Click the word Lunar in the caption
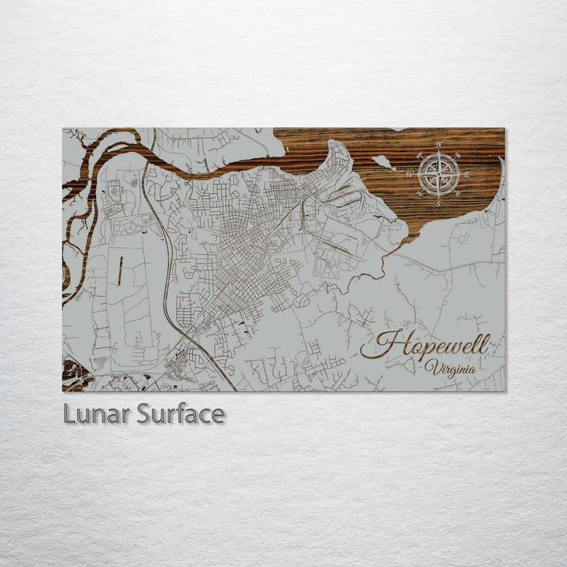(x=96, y=413)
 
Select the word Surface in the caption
(x=180, y=413)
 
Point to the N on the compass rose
(x=439, y=145)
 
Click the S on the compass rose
(x=439, y=204)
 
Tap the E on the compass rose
(x=467, y=175)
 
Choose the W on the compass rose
(x=409, y=175)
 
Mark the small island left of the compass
(x=384, y=163)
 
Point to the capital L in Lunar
(x=69, y=413)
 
